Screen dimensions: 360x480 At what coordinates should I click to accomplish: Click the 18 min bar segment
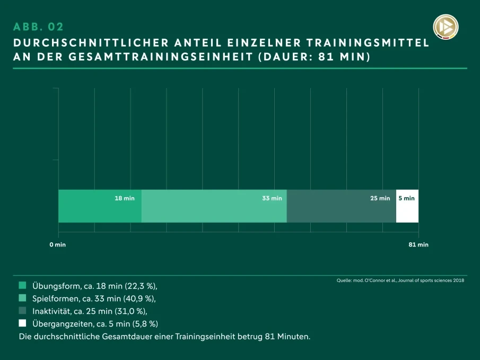click(100, 206)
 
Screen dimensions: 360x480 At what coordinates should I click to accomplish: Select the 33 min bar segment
click(214, 206)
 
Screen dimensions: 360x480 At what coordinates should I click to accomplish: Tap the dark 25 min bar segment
click(342, 206)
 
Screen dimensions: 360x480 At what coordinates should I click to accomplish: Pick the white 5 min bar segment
click(407, 206)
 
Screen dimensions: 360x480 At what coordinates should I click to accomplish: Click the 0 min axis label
click(57, 244)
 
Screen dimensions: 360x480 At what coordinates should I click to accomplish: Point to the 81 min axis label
click(418, 244)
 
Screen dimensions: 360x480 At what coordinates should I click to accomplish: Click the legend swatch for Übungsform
click(22, 285)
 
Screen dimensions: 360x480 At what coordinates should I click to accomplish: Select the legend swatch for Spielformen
click(22, 298)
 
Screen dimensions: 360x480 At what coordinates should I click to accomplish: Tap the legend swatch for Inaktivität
click(22, 311)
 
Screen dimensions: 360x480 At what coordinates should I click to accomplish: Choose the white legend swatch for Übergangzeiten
click(22, 323)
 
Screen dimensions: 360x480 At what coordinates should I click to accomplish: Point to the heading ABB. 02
click(38, 27)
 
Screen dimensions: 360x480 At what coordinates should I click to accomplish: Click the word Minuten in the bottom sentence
click(293, 337)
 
